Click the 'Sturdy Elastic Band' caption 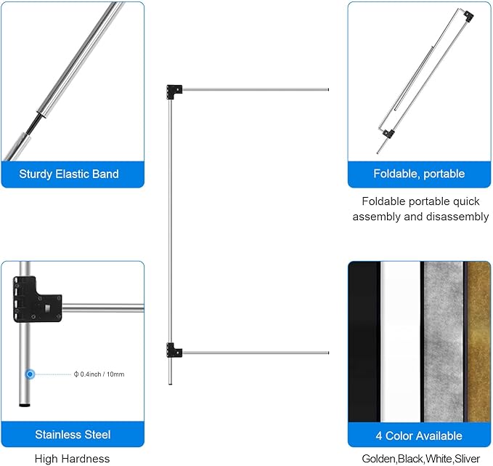69,174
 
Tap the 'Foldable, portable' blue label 419,174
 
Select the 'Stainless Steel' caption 73,435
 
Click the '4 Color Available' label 419,435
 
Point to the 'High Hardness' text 73,459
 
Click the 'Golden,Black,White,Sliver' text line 420,459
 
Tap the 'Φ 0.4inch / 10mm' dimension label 99,374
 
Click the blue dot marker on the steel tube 30,374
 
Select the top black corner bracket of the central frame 174,92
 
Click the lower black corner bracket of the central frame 174,350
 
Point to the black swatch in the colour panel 364,342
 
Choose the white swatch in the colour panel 401,342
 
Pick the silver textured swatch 443,342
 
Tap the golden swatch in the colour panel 478,342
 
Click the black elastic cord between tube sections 34,124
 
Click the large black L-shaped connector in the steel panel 36,300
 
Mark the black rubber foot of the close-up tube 25,405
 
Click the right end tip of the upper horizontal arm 328,89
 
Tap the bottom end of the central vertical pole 171,383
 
